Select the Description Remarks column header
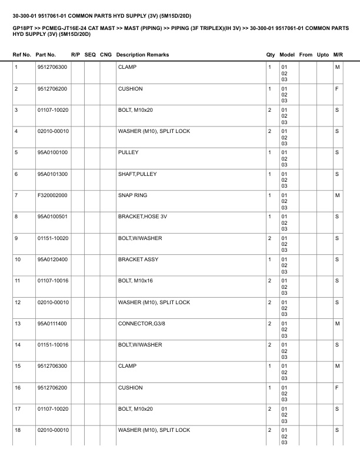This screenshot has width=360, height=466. point(142,55)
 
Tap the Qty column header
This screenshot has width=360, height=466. point(271,55)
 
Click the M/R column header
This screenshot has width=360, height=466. point(338,55)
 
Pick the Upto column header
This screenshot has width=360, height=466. point(323,55)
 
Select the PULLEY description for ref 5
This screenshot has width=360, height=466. point(128,152)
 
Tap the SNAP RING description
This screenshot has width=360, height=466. point(132,195)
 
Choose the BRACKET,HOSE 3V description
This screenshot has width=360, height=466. point(142,217)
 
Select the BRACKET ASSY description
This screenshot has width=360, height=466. point(138,259)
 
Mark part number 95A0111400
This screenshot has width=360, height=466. point(52,323)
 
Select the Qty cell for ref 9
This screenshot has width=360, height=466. point(269,238)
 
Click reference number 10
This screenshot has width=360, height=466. point(18,259)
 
